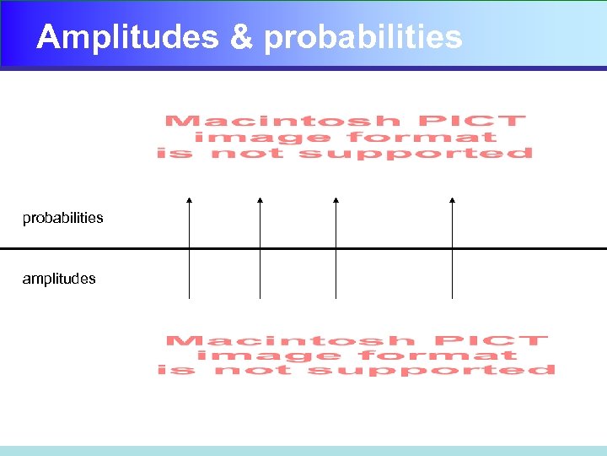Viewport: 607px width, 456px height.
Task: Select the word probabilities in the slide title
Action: [x=363, y=37]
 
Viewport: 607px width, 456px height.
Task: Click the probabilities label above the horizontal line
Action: [x=63, y=218]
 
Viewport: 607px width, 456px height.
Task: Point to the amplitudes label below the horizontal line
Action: [x=59, y=279]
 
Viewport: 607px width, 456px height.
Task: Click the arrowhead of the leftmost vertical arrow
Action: [x=189, y=201]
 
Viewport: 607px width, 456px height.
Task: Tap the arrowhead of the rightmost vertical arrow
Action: [x=452, y=201]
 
